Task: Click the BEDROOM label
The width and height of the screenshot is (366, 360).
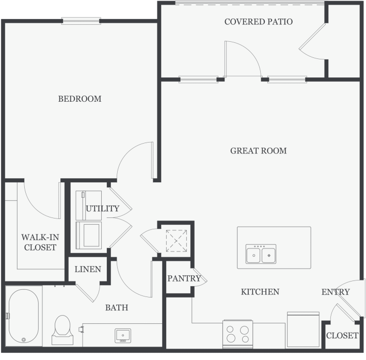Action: coord(79,99)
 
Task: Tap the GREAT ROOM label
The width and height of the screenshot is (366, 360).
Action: coord(259,151)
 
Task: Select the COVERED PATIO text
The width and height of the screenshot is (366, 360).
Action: coord(259,22)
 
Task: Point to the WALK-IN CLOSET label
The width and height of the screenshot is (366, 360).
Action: coord(40,242)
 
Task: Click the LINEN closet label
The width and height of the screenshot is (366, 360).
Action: coord(88,270)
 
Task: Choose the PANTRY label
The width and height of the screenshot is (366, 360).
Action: coord(184,278)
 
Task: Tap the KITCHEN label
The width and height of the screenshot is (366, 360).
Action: coord(260,292)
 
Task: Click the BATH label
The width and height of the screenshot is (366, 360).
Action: coord(117,308)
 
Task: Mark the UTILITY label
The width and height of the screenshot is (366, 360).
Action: coord(103,208)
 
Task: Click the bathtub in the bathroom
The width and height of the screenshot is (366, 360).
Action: coord(24,316)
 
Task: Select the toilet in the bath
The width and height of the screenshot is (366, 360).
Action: coord(62,330)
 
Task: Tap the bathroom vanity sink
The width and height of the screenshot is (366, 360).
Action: coord(123,336)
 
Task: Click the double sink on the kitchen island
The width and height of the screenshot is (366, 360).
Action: coord(261,254)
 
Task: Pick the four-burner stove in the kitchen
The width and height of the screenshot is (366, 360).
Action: coord(237,334)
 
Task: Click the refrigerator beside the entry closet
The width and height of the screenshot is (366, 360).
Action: coord(303,330)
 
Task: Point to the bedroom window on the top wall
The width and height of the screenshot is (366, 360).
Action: coord(81,21)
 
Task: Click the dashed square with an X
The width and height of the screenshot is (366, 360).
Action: coord(177,241)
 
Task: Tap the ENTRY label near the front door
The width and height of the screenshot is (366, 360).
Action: coord(336,292)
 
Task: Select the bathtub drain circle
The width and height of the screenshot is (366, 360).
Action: coord(24,340)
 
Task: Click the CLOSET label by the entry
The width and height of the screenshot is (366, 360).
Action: coord(342,336)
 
